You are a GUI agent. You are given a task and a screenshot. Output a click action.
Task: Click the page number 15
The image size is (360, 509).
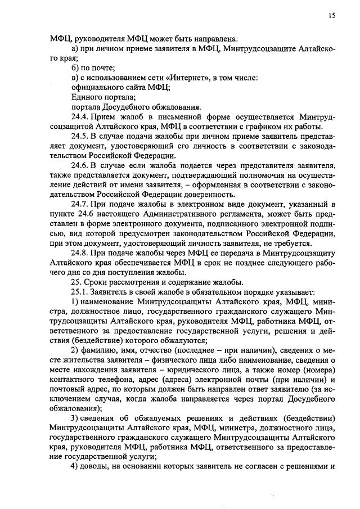332,16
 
